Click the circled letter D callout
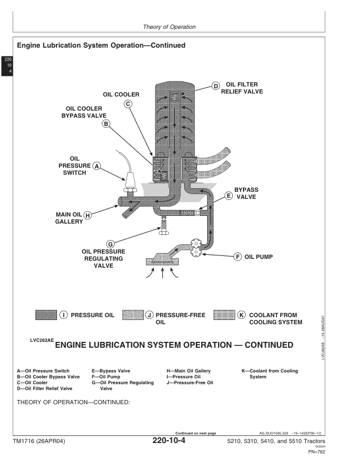coord(216,86)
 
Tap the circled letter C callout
coord(128,104)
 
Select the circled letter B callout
coord(106,124)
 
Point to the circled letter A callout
coord(98,166)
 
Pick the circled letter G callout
coord(110,244)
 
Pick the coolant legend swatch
coord(225,315)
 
